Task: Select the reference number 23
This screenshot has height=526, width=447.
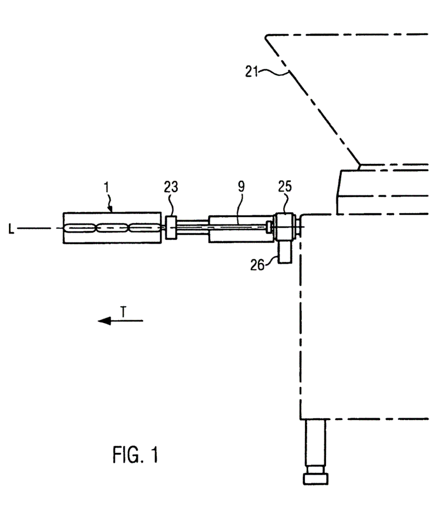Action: (x=171, y=187)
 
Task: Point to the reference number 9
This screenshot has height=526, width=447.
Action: (x=241, y=187)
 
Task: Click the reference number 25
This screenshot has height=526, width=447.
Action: (x=285, y=187)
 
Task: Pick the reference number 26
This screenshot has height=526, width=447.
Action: (x=257, y=265)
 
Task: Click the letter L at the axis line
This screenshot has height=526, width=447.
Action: (x=11, y=229)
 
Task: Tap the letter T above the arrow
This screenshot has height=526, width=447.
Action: (x=123, y=312)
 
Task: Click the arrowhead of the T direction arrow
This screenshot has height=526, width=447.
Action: (x=104, y=321)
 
